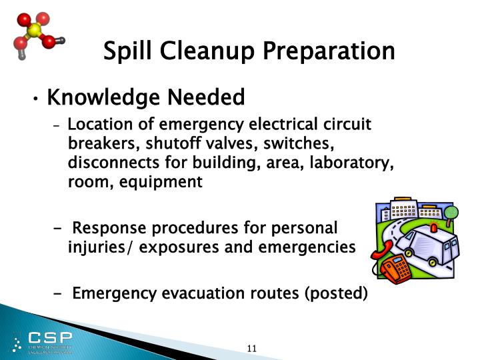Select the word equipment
point(161,181)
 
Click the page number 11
point(252,348)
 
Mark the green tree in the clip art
point(451,213)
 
